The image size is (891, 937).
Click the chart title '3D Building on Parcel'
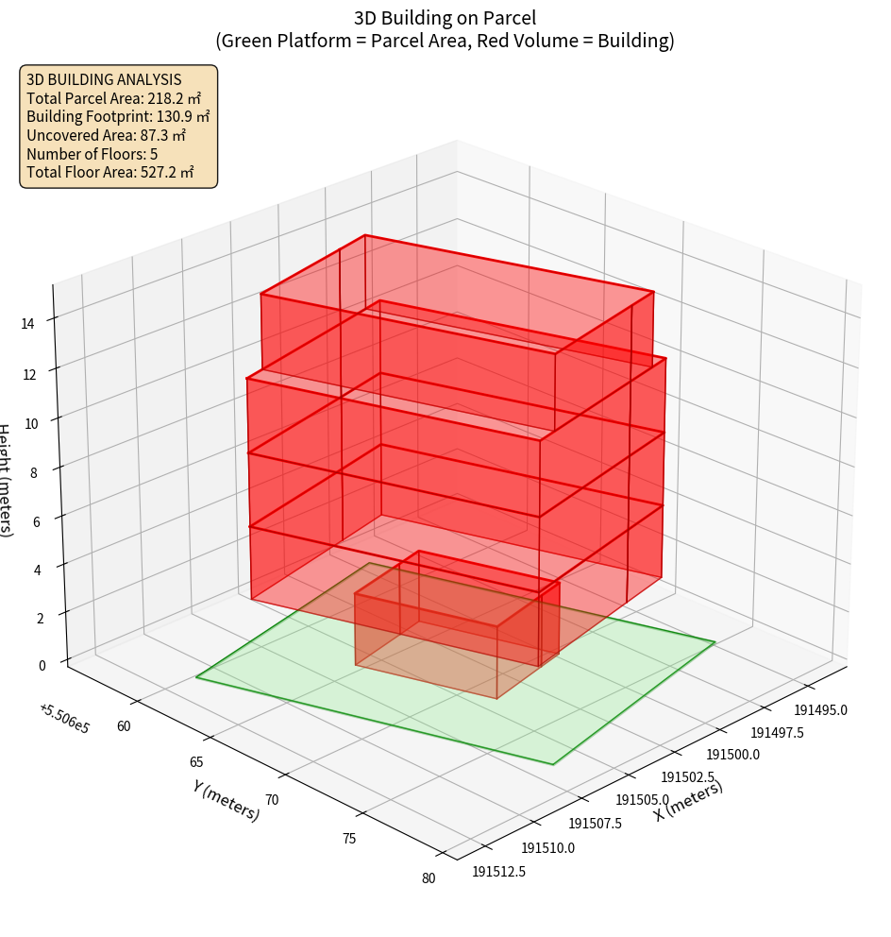pyautogui.click(x=445, y=17)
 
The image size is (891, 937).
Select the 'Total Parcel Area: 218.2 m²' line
pyautogui.click(x=113, y=98)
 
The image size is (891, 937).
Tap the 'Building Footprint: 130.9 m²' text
pyautogui.click(x=117, y=117)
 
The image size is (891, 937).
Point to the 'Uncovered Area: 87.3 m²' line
pyautogui.click(x=106, y=135)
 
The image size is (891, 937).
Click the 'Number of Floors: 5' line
pyautogui.click(x=92, y=154)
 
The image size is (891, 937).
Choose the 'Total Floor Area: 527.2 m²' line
pyautogui.click(x=109, y=172)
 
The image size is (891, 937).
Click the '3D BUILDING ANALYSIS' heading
pyautogui.click(x=104, y=79)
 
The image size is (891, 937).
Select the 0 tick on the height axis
pyautogui.click(x=41, y=665)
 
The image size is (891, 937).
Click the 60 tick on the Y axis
pyautogui.click(x=124, y=725)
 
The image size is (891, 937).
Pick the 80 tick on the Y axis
pyautogui.click(x=429, y=878)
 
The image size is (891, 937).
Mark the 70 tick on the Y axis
pyautogui.click(x=272, y=800)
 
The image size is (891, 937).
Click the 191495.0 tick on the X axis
pyautogui.click(x=820, y=710)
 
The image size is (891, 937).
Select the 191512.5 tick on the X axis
pyautogui.click(x=498, y=871)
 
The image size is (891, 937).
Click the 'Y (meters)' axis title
pyautogui.click(x=226, y=799)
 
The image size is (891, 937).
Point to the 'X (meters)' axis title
pyautogui.click(x=688, y=801)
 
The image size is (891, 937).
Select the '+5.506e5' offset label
pyautogui.click(x=64, y=719)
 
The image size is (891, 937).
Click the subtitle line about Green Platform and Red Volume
pyautogui.click(x=445, y=41)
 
